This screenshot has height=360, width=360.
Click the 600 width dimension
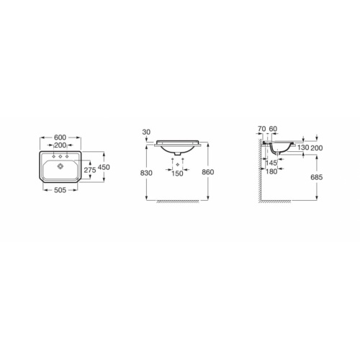point(60,138)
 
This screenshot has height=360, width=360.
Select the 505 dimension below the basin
point(60,190)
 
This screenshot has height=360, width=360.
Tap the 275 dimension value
point(90,170)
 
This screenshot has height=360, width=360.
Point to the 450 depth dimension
point(104,167)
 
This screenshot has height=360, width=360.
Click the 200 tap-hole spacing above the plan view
point(60,145)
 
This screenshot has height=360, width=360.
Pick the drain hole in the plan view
point(60,166)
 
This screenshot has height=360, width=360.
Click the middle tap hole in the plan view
point(60,156)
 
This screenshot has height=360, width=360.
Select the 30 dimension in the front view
point(146,132)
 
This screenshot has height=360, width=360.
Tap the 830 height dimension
point(146,173)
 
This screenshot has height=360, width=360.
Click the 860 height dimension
point(208,172)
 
